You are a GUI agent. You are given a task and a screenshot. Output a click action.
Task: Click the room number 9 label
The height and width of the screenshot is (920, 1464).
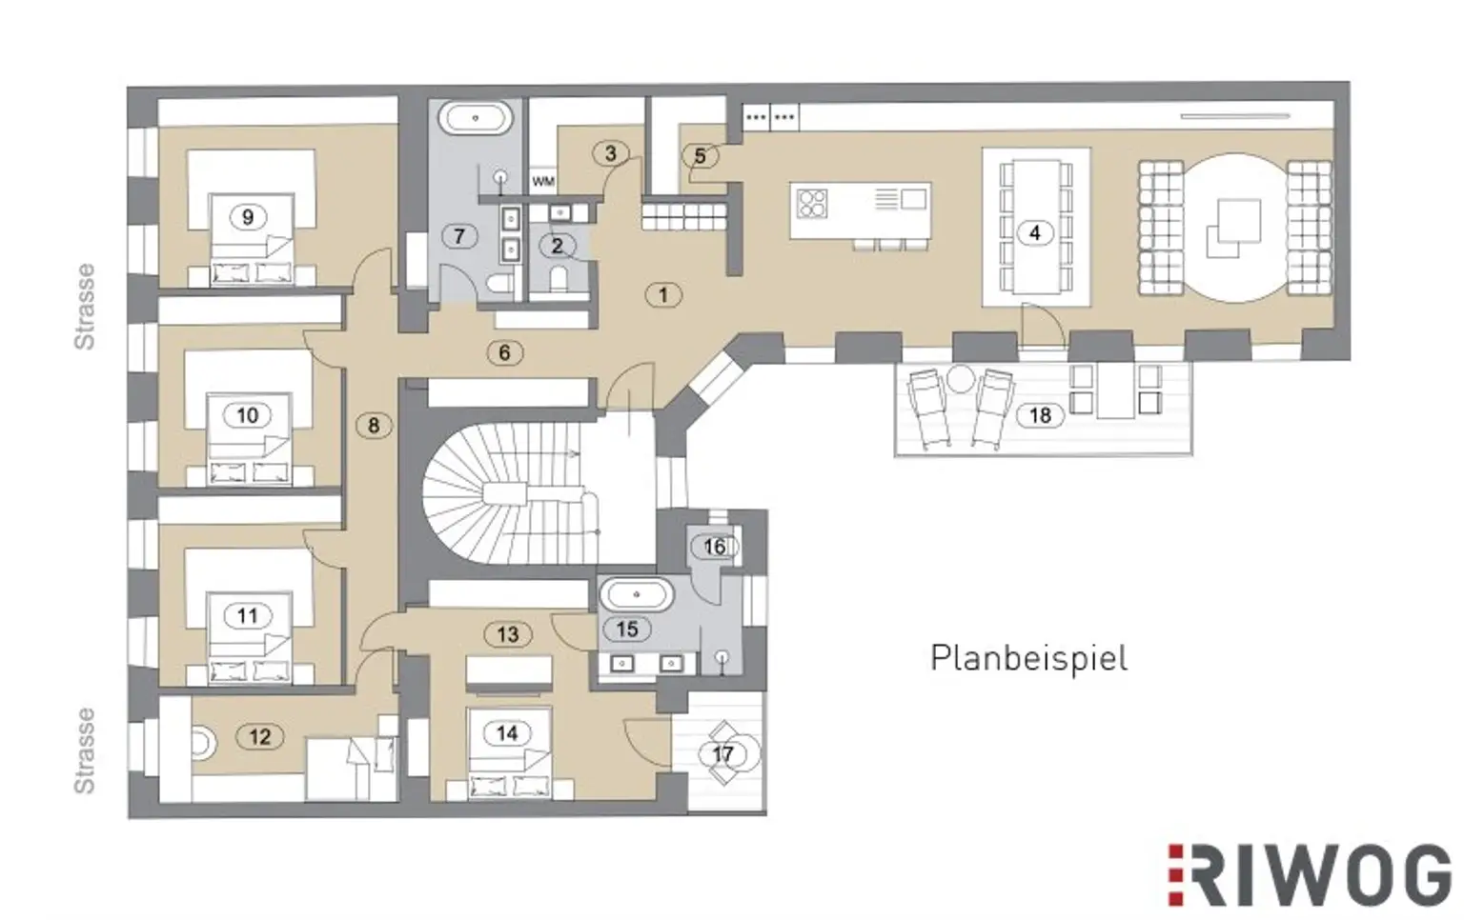click(x=248, y=217)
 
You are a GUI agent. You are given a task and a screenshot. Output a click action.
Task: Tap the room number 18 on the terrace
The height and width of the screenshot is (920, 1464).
click(x=1040, y=415)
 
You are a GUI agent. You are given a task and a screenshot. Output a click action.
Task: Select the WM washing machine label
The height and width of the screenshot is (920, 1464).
click(x=544, y=181)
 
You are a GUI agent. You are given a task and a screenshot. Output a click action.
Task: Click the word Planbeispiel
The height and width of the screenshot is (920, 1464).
click(x=1028, y=658)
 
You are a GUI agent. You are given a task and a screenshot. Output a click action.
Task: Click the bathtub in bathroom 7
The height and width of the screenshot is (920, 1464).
click(x=476, y=118)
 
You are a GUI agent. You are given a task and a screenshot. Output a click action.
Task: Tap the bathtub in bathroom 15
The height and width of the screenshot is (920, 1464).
click(x=636, y=595)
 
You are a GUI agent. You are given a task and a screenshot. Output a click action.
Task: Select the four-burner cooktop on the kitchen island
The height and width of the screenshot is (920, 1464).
click(x=812, y=203)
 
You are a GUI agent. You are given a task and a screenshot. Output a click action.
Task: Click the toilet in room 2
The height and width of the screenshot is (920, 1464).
click(x=559, y=279)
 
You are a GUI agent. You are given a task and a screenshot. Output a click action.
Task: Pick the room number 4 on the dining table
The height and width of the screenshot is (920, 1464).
click(x=1034, y=233)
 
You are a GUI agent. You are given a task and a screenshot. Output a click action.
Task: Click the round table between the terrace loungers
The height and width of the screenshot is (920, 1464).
click(x=960, y=379)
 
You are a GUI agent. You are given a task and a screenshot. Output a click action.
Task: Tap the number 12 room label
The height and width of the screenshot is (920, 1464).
click(x=260, y=736)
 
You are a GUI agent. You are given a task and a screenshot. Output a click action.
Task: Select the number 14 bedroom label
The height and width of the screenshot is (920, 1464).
click(x=507, y=733)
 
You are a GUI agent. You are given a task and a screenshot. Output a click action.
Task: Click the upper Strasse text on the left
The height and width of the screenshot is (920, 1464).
click(x=84, y=307)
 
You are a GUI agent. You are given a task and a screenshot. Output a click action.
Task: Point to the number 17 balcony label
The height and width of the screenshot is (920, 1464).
click(x=722, y=755)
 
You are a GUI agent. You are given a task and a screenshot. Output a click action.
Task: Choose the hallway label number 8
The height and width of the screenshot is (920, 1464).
click(x=374, y=426)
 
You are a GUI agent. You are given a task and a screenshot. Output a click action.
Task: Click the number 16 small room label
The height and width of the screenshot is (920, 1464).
click(x=714, y=547)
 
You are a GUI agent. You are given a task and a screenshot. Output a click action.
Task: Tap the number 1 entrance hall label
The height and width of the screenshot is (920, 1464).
click(x=663, y=295)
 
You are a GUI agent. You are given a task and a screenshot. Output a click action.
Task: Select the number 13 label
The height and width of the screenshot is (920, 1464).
click(x=508, y=634)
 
